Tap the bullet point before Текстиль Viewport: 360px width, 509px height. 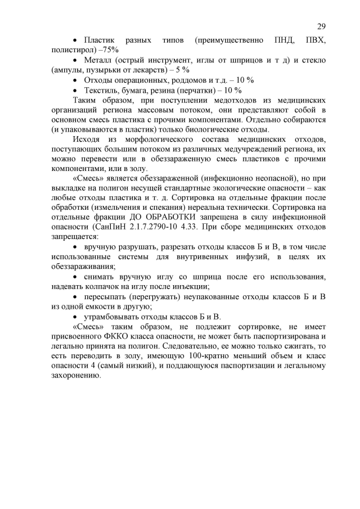pos(76,90)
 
